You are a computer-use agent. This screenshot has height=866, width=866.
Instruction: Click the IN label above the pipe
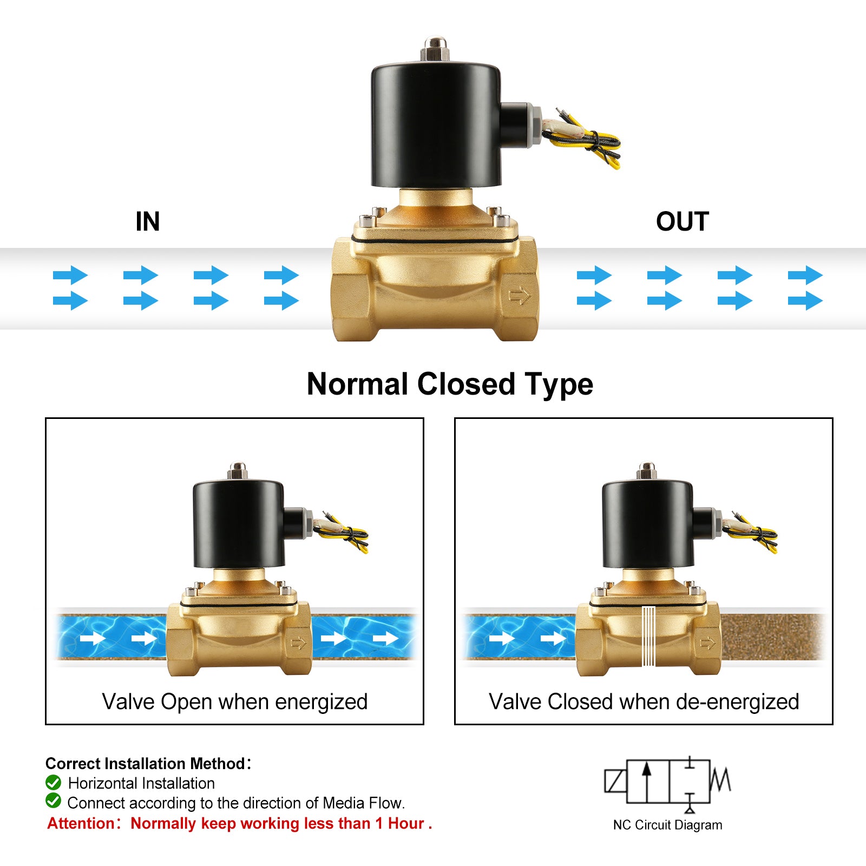148,221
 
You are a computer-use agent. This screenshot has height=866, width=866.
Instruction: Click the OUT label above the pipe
682,221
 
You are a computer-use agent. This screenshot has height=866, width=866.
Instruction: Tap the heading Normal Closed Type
450,384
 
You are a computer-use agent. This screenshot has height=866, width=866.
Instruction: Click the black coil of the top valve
435,124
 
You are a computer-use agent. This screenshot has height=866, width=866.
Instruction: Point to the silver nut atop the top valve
435,49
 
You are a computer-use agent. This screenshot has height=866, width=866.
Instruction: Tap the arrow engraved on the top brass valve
520,296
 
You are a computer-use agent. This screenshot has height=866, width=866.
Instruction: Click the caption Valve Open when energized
235,701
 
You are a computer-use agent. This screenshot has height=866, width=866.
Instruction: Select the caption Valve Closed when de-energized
644,701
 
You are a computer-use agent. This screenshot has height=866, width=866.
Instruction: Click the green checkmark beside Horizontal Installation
53,782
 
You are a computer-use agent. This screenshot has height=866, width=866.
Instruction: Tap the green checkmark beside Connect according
53,801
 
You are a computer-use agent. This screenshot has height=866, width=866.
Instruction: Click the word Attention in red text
81,823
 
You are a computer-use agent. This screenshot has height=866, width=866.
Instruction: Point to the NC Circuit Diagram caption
667,825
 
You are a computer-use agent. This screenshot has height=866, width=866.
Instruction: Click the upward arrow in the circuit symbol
646,779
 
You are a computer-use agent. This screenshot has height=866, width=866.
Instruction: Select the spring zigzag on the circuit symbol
720,780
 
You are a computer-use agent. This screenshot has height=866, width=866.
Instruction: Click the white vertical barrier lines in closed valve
648,636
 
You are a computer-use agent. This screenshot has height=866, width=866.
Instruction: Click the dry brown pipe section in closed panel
771,637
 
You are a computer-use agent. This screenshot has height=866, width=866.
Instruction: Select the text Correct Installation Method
145,763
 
